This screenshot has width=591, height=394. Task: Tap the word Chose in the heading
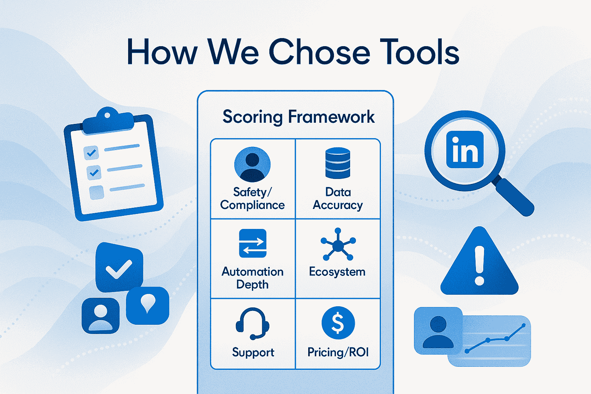(319, 52)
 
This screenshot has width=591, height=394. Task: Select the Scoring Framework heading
(299, 117)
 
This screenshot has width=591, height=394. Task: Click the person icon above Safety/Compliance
(252, 164)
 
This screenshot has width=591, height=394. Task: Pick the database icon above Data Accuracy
(338, 163)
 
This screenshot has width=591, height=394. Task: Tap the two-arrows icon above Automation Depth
(253, 243)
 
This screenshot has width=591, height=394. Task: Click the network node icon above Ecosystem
(338, 244)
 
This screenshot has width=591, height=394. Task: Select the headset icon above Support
(252, 323)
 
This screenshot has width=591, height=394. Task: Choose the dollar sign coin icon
(338, 323)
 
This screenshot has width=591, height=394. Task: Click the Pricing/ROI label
(338, 352)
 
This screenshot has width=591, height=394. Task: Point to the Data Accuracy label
(338, 199)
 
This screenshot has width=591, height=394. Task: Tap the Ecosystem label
(337, 272)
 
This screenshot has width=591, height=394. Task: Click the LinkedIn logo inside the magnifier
(465, 149)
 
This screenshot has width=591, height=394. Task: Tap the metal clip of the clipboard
(108, 120)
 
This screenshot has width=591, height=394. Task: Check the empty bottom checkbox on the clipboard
(97, 193)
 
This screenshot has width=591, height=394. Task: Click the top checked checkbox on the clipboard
(91, 152)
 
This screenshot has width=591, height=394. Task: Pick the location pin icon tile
(147, 306)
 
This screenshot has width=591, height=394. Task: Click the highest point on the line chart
(524, 325)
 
